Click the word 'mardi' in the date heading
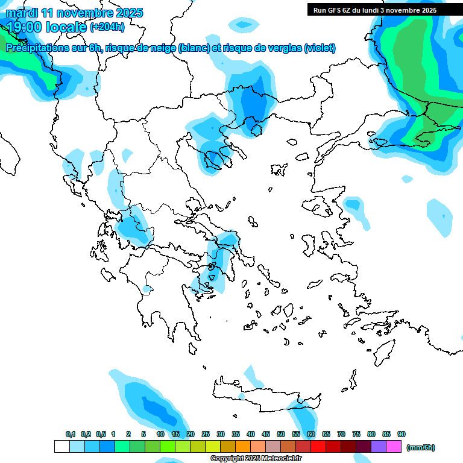(21, 12)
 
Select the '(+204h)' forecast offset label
(107, 27)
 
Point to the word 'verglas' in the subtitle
(286, 48)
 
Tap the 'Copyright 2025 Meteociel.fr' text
(256, 459)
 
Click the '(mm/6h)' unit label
(421, 447)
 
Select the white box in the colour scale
(61, 447)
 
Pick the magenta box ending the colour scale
(394, 447)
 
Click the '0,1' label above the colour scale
(71, 435)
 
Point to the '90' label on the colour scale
(402, 435)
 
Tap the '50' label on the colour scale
(281, 435)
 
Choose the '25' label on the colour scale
(206, 435)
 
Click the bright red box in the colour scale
(318, 447)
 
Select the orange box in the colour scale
(243, 447)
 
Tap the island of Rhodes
(383, 350)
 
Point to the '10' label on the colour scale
(160, 435)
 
